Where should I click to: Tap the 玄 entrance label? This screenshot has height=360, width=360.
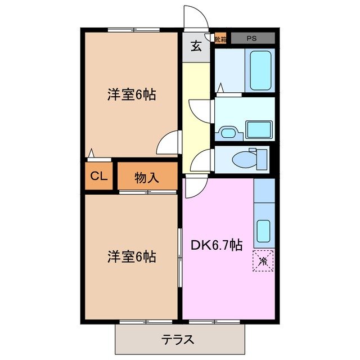pos(195,47)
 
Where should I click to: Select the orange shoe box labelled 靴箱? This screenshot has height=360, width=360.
pos(220,39)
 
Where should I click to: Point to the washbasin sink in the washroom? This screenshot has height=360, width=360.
pos(229,133)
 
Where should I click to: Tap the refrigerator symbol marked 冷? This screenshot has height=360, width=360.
pos(263,260)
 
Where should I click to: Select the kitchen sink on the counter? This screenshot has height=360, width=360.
pos(263,231)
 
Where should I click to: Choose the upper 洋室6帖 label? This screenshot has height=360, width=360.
pos(132,94)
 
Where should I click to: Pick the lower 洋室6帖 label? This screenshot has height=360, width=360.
pos(132,257)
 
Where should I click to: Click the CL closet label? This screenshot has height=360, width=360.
pos(99,176)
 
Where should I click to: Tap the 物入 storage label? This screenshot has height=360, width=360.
pos(147,178)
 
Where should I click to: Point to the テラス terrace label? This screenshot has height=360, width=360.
pos(178,340)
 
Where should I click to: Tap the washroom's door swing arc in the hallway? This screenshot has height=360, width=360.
pos(199,108)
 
